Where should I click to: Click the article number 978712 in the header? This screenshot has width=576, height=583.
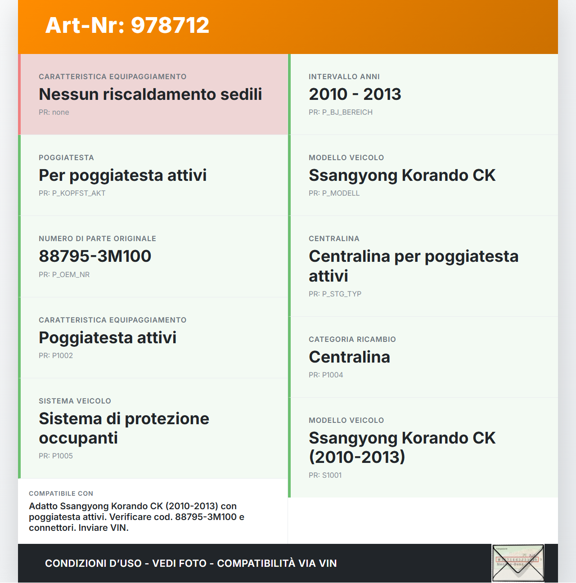tap(170, 25)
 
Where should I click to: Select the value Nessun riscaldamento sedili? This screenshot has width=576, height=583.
tap(150, 94)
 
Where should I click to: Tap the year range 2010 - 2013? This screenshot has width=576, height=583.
tap(355, 94)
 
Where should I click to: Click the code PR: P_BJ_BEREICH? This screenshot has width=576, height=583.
tap(340, 112)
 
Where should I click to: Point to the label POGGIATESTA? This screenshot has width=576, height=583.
tap(66, 158)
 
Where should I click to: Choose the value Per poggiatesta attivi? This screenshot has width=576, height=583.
tap(122, 175)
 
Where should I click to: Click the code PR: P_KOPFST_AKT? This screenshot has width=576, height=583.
tap(72, 193)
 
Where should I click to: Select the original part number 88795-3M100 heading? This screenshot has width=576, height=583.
tap(95, 256)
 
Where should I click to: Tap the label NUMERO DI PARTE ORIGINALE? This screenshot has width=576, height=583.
tap(97, 239)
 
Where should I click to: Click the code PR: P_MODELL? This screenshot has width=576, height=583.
tap(334, 193)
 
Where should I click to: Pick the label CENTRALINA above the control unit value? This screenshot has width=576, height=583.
tap(334, 239)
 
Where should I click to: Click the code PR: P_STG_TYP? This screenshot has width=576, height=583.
tap(335, 294)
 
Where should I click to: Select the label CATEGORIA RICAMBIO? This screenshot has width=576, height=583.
tap(352, 340)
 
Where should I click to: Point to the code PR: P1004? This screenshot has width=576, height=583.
tap(326, 375)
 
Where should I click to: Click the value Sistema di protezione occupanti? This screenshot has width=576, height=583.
tap(124, 428)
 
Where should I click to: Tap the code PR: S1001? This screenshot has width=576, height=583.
tap(325, 475)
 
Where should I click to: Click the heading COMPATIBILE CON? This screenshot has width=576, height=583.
tap(61, 493)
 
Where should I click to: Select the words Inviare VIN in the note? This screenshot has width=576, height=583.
tap(103, 528)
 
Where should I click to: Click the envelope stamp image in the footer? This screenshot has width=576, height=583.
tap(518, 563)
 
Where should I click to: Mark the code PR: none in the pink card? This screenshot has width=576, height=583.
tap(54, 112)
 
